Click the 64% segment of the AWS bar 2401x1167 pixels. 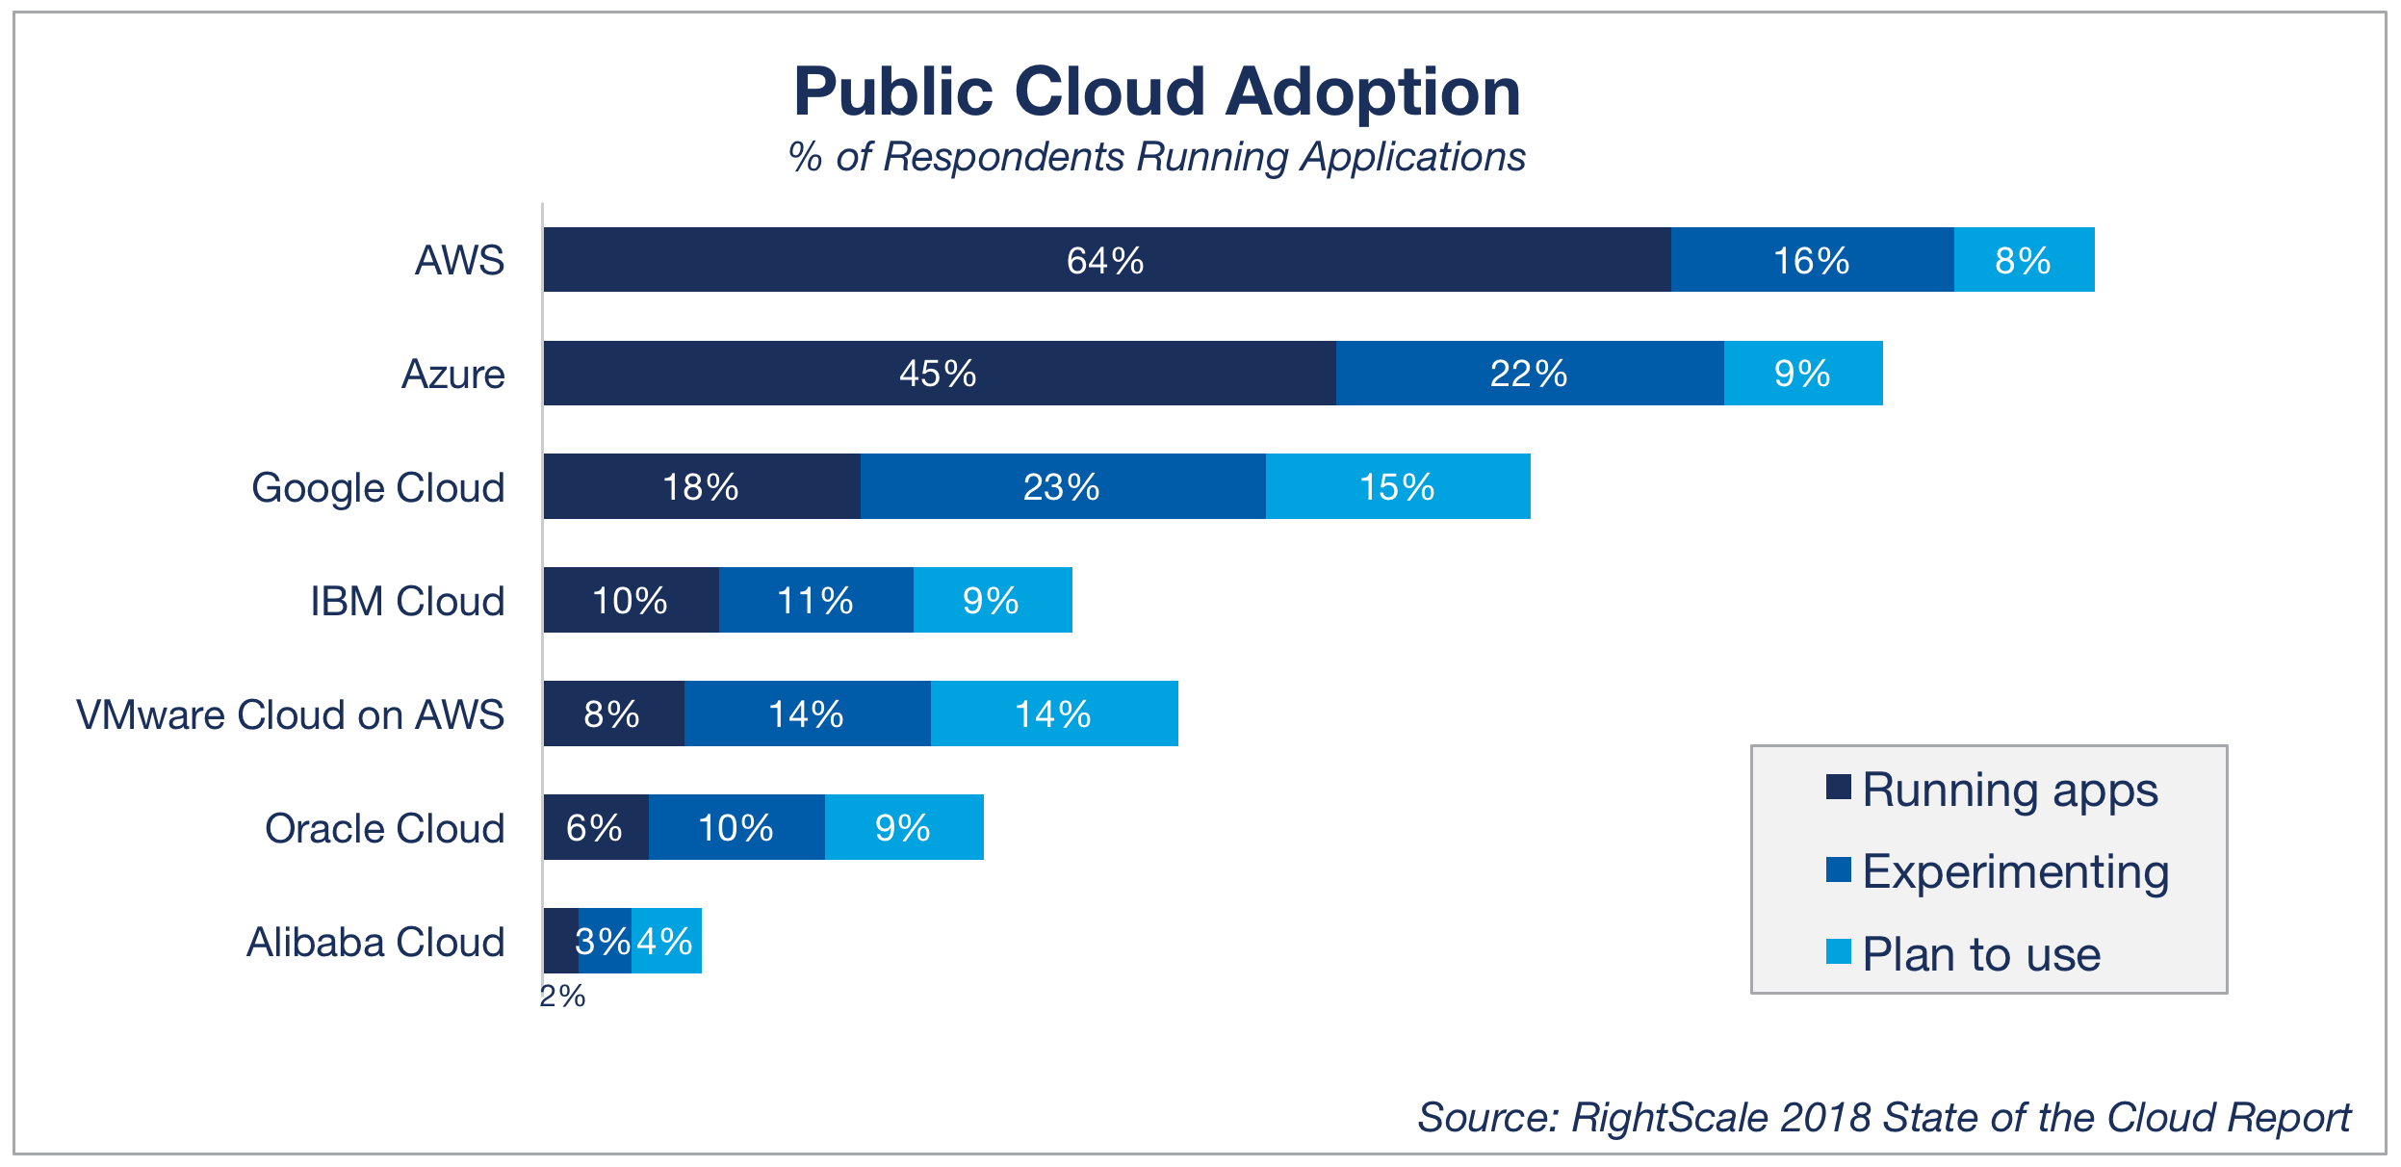click(x=1106, y=260)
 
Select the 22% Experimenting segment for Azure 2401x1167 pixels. click(x=1529, y=374)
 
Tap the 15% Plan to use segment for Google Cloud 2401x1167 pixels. click(x=1397, y=487)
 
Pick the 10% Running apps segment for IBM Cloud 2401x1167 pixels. click(x=631, y=601)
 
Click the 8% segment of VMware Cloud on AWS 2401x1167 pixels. click(x=613, y=714)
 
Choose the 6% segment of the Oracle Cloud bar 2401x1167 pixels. click(x=595, y=828)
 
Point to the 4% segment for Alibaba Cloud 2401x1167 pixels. click(x=666, y=942)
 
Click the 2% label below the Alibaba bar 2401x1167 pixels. click(x=562, y=997)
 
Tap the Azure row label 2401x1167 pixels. click(x=452, y=375)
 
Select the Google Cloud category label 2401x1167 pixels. click(x=377, y=488)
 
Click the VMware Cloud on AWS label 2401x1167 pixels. click(x=290, y=715)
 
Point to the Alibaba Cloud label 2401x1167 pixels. click(x=375, y=943)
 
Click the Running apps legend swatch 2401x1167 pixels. click(x=1838, y=788)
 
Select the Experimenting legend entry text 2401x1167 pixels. click(x=2016, y=872)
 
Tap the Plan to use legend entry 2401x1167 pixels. click(x=1981, y=955)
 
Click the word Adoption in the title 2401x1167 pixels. click(x=1373, y=93)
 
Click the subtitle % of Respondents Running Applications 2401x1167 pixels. click(x=1156, y=157)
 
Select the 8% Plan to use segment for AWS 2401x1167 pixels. click(x=2023, y=260)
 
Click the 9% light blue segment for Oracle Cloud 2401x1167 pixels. click(x=903, y=828)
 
